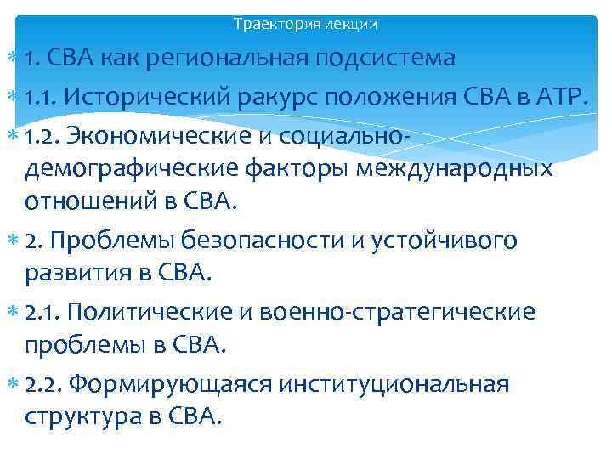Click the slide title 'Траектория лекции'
[305, 25]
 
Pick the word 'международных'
[458, 168]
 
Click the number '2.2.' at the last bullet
[45, 386]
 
